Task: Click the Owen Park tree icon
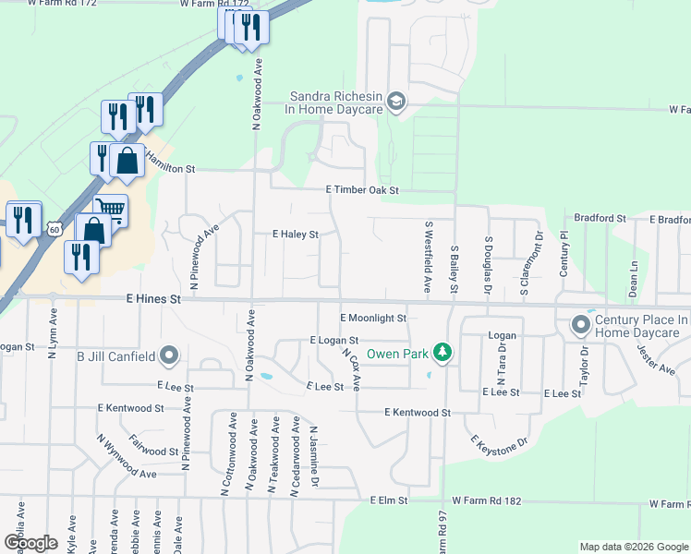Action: click(x=443, y=353)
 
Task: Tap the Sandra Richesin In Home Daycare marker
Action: click(x=397, y=102)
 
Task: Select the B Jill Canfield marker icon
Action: click(x=169, y=355)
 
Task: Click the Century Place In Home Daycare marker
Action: click(x=581, y=325)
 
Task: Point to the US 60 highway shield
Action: click(x=55, y=228)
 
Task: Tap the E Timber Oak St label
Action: click(x=362, y=190)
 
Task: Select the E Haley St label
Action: click(x=296, y=235)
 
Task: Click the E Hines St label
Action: click(x=153, y=299)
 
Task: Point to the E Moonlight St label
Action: click(x=373, y=318)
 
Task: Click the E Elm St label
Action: click(x=388, y=500)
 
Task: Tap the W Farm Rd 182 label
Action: click(x=668, y=504)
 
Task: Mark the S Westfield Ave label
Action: click(x=429, y=257)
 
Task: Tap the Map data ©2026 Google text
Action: click(x=633, y=547)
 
